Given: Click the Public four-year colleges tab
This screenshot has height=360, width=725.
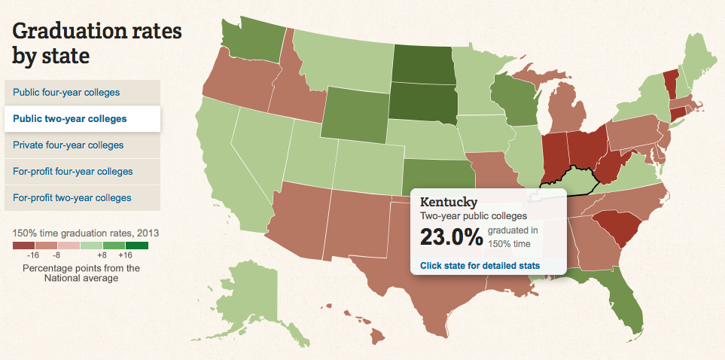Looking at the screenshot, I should (x=65, y=93).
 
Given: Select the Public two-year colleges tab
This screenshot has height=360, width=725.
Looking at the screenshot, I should (x=69, y=118).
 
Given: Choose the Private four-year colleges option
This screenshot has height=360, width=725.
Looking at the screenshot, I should (x=68, y=145).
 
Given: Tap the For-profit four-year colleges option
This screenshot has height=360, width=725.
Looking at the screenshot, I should (x=72, y=171).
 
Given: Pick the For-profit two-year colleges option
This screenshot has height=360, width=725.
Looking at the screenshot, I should (x=72, y=197).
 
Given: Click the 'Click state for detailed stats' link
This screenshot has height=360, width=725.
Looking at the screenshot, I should (x=480, y=265).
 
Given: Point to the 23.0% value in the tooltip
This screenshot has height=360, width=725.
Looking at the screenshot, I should (x=451, y=237).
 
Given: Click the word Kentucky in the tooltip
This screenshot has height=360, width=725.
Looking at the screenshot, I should (x=449, y=202).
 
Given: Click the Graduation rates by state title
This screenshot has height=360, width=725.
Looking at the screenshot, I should (x=97, y=43).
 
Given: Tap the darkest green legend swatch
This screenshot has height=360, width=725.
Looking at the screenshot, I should (x=137, y=246).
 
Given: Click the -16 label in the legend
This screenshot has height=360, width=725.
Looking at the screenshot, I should (x=33, y=256).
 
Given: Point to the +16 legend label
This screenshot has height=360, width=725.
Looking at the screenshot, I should (x=125, y=256).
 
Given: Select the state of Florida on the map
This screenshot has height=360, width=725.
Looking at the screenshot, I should (x=627, y=301).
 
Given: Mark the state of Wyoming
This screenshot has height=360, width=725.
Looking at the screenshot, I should (x=353, y=113).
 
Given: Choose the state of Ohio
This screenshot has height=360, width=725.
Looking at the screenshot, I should (x=586, y=146).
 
